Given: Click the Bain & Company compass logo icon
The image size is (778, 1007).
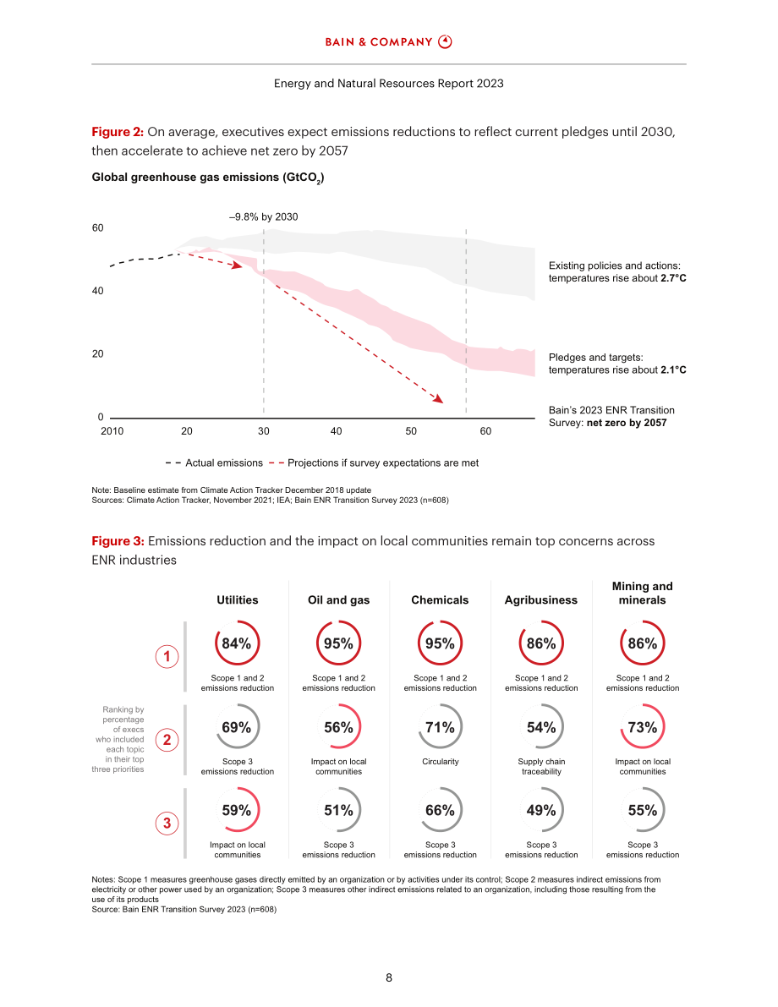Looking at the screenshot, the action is (x=445, y=41).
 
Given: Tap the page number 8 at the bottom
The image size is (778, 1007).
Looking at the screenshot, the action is (x=389, y=977).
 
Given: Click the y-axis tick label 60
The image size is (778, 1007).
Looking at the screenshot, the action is (x=97, y=228).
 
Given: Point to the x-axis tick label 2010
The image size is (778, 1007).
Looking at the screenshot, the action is (x=112, y=431).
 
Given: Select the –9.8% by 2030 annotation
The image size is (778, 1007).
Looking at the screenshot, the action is (x=263, y=217).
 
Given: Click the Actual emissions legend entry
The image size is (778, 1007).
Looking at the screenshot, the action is (x=215, y=463).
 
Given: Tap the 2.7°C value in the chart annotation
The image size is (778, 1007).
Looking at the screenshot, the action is (x=673, y=278).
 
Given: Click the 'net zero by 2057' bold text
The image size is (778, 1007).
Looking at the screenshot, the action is (x=627, y=423).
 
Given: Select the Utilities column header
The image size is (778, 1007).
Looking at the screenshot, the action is (x=237, y=599).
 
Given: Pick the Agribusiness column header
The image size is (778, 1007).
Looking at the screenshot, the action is (x=541, y=599).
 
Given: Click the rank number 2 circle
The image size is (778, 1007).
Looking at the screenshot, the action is (x=167, y=740).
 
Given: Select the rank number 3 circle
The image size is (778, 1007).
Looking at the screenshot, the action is (x=167, y=824).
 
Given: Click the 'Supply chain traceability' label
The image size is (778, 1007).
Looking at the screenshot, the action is (x=541, y=767).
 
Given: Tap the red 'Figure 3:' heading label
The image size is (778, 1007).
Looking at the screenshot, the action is (x=118, y=541).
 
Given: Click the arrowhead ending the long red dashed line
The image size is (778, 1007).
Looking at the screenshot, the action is (x=439, y=399).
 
